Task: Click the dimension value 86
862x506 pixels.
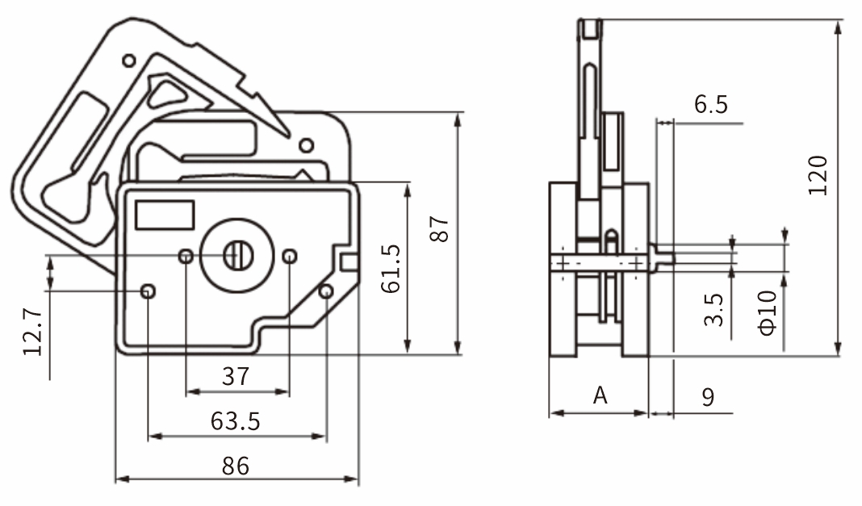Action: point(236,466)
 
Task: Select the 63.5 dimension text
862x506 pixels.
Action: point(236,421)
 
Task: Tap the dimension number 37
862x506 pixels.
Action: point(236,376)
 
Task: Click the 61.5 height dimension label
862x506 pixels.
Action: point(391,269)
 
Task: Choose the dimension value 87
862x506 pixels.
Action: point(438,229)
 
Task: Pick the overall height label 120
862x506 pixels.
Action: point(818,174)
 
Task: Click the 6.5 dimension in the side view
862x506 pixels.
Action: point(710,104)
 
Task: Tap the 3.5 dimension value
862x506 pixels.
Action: point(713,310)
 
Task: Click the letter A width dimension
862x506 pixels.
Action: point(600,395)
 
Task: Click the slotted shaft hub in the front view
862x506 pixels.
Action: point(238,256)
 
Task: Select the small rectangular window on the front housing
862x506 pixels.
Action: point(165,215)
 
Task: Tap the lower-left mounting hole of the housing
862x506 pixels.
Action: point(148,291)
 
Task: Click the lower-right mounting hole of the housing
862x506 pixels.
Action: point(326,291)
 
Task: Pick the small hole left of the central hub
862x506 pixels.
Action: point(186,257)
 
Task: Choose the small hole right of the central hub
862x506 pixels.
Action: point(289,257)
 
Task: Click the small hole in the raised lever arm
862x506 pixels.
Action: point(128,61)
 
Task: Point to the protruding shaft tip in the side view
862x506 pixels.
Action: point(665,257)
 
